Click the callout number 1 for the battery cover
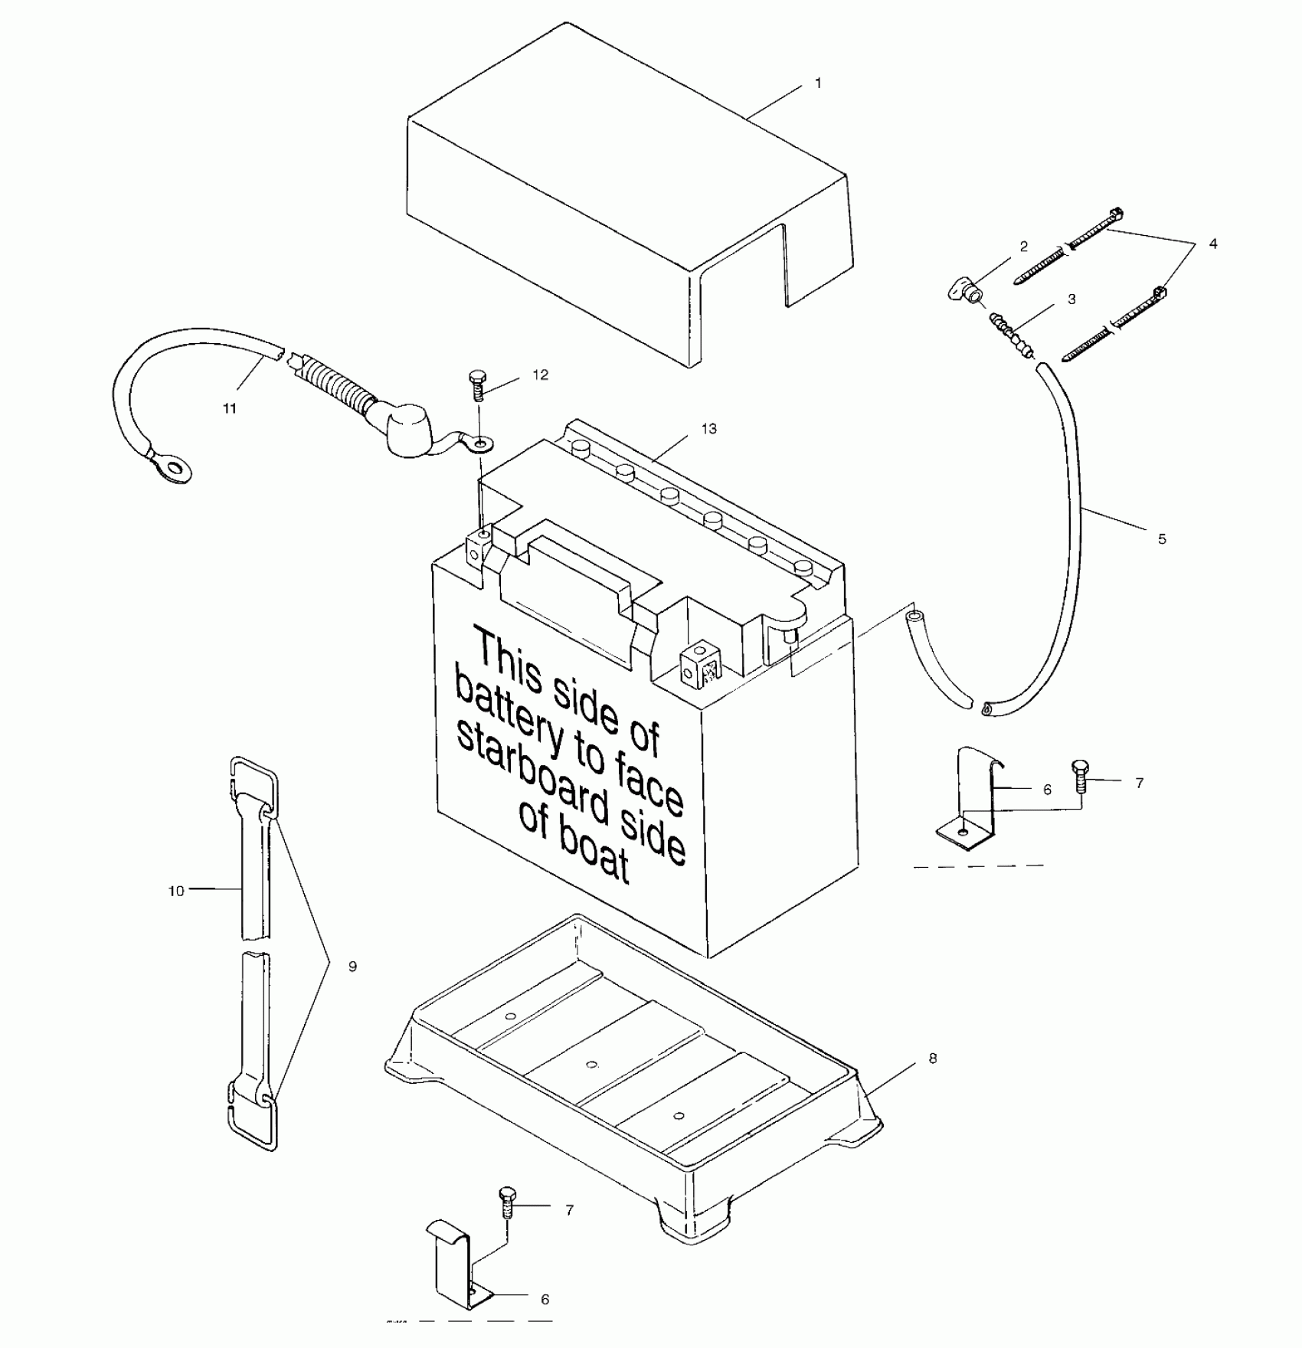(818, 83)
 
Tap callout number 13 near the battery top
(709, 429)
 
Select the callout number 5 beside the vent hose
(1162, 539)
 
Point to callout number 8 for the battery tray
(932, 1058)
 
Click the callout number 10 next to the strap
(176, 891)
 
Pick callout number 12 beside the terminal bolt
(541, 375)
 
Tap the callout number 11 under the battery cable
(230, 408)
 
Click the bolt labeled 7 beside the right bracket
(1078, 775)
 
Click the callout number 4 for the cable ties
(1212, 244)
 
